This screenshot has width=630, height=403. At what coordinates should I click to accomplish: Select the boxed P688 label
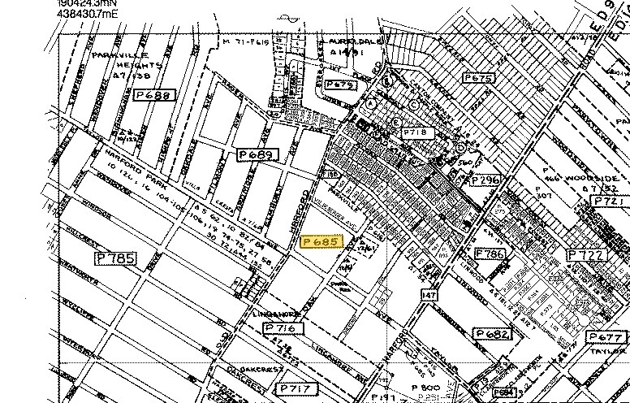[154, 95]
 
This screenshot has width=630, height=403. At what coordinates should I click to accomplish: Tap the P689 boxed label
[256, 154]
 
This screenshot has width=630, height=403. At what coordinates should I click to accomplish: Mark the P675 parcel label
[477, 78]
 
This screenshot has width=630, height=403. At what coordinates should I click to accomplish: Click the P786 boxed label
[490, 254]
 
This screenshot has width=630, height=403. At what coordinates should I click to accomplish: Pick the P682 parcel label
[493, 334]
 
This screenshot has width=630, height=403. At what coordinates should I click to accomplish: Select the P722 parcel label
[587, 255]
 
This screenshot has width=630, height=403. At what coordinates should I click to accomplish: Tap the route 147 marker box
[429, 296]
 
